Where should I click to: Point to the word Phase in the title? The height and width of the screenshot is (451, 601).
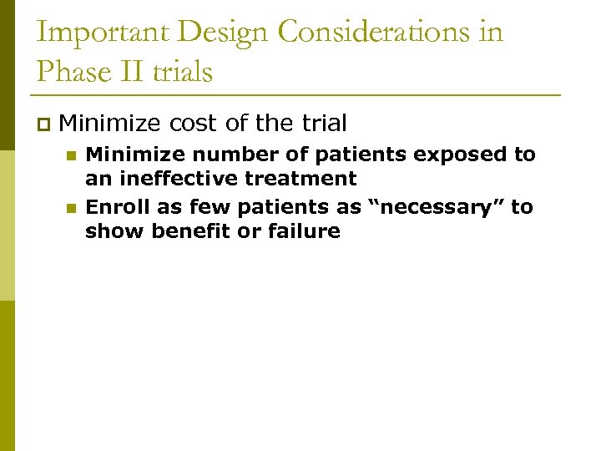coord(70,72)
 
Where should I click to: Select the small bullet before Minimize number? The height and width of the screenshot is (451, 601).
coord(71,155)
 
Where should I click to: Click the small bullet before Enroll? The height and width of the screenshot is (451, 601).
coord(71,207)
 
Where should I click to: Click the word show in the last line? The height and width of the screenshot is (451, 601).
coord(114,231)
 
